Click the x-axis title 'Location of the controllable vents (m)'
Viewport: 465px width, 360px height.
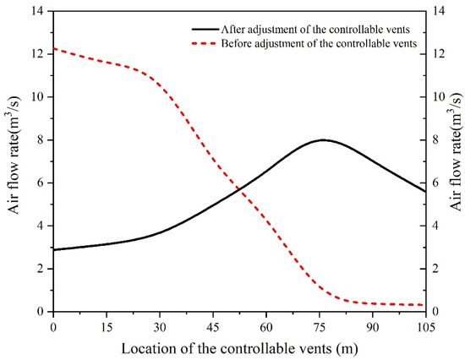239,347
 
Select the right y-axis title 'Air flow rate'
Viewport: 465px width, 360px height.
457,162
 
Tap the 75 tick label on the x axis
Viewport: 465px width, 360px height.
320,325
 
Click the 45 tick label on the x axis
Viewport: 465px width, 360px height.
213,325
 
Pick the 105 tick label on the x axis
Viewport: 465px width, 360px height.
425,325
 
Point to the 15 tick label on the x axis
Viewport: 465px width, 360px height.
107,325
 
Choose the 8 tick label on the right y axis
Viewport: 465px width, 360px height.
438,140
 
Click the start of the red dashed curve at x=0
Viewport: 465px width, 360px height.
54,49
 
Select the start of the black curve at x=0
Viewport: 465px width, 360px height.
54,249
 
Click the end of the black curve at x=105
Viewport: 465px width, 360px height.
425,191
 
